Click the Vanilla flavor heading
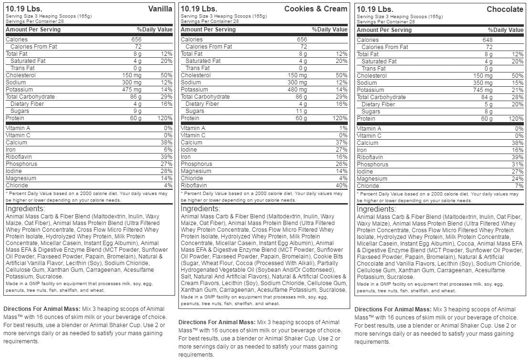(x=160, y=9)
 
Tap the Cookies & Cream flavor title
(x=316, y=9)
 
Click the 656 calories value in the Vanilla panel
(x=136, y=40)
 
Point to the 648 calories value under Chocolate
(x=487, y=40)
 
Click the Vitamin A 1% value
(x=343, y=128)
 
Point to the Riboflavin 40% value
(x=341, y=185)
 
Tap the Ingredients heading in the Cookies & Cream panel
(x=200, y=209)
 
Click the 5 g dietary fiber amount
(x=488, y=104)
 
